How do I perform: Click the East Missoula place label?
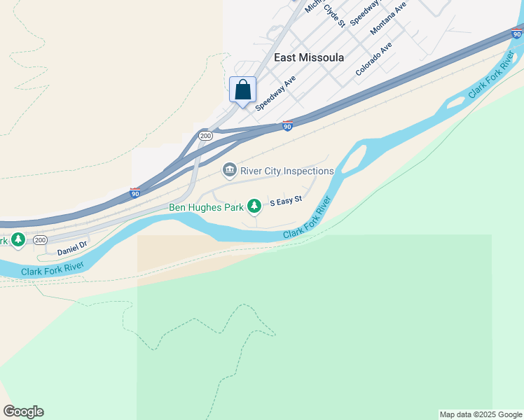309,57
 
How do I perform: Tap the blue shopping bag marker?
242,90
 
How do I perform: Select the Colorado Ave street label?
373,59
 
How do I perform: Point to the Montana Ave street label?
388,18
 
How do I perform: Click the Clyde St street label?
335,14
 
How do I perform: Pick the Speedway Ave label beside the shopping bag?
276,93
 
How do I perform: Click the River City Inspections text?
287,171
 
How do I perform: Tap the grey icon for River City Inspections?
229,170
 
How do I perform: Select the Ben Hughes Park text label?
206,207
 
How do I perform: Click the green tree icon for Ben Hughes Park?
256,205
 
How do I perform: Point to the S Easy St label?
285,200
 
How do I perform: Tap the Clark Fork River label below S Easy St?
306,218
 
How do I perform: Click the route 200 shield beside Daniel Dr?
41,240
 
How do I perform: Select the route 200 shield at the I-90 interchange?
205,136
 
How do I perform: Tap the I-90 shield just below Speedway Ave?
287,126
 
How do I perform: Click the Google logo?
23,412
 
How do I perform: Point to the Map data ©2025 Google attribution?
481,414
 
